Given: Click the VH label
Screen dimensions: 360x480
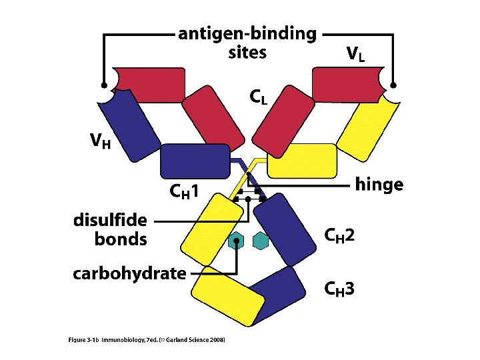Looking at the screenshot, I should tap(101, 141).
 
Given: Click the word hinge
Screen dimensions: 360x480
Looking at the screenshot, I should tap(379, 185).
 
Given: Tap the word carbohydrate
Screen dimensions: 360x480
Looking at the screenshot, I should tap(129, 273).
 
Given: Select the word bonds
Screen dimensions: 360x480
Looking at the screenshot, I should tap(121, 239).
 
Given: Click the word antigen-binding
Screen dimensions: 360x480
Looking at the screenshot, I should tap(247, 34).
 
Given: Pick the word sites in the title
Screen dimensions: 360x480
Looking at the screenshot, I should tap(247, 52).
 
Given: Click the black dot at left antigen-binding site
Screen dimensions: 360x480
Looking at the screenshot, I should tap(103, 85).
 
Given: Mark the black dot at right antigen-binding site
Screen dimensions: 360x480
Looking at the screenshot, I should tap(393, 85).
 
